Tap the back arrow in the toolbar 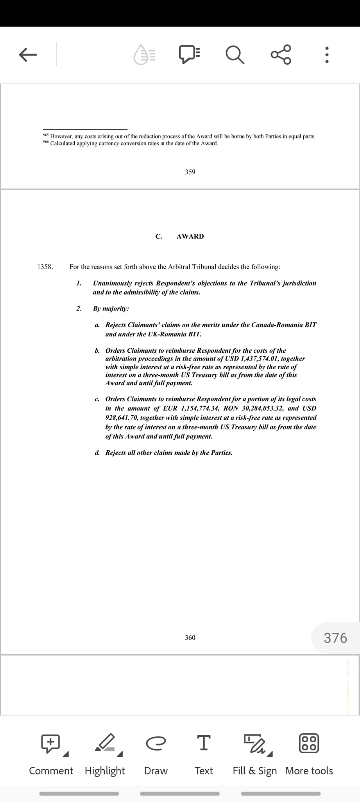coord(28,55)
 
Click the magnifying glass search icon coord(235,55)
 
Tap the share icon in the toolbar coord(281,54)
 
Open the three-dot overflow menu coord(327,55)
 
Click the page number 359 coord(190,172)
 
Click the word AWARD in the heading coord(190,236)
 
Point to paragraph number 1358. coord(45,267)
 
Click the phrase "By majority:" coord(111,309)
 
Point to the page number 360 coord(190,638)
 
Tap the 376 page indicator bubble coord(335,638)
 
